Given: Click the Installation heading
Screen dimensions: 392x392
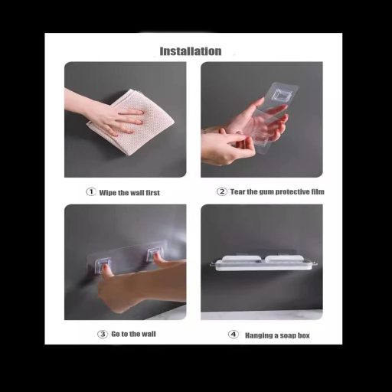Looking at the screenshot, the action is [191, 51].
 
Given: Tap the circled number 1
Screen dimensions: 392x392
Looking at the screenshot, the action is [91, 191].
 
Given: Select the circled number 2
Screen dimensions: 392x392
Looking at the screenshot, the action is [222, 191].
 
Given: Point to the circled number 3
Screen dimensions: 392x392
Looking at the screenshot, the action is [103, 334].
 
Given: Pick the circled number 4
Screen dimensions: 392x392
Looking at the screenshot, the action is [234, 334].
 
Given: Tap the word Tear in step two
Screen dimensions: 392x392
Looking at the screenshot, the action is [237, 191].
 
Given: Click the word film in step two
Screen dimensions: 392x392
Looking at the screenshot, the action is [318, 191].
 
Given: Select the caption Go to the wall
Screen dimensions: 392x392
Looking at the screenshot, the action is [133, 334].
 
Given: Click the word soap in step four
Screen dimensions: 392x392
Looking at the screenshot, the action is [288, 335].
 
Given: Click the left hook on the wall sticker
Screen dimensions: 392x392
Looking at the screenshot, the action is [103, 265].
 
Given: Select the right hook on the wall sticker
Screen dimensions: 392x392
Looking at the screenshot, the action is [154, 255].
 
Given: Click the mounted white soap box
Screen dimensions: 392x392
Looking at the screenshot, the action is [263, 263].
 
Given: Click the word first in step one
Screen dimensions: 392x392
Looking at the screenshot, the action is [153, 193].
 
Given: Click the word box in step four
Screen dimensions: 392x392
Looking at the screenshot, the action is [303, 335].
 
